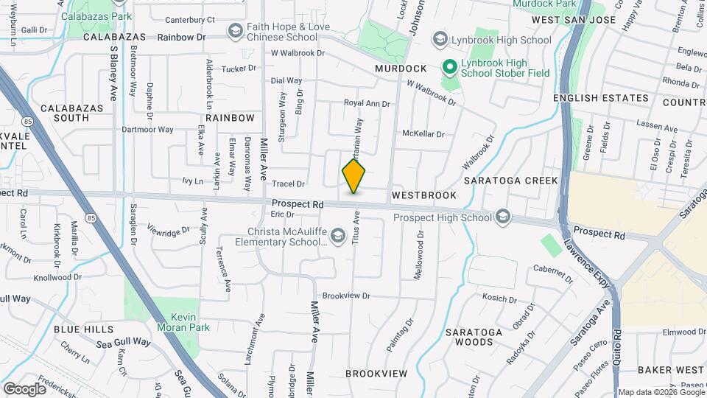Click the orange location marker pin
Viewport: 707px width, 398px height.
354,176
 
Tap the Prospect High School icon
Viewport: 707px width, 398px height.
503,217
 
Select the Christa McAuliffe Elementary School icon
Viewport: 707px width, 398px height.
338,236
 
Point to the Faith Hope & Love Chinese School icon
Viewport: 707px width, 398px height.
235,30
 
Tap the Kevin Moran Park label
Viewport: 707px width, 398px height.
183,321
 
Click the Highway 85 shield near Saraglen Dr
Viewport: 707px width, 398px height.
90,217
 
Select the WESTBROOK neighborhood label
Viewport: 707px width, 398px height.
424,195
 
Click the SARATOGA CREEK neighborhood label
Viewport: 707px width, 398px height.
511,181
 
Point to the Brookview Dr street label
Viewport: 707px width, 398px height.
346,296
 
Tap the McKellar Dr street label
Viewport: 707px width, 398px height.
423,133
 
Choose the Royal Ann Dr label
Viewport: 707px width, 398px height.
367,104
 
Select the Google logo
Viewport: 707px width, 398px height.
24,388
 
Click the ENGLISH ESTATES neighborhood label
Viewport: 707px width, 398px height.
601,98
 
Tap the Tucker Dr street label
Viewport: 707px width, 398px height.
238,68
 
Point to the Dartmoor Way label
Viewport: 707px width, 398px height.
147,129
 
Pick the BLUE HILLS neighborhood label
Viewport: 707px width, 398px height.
83,329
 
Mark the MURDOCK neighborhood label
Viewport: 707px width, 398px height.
401,68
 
